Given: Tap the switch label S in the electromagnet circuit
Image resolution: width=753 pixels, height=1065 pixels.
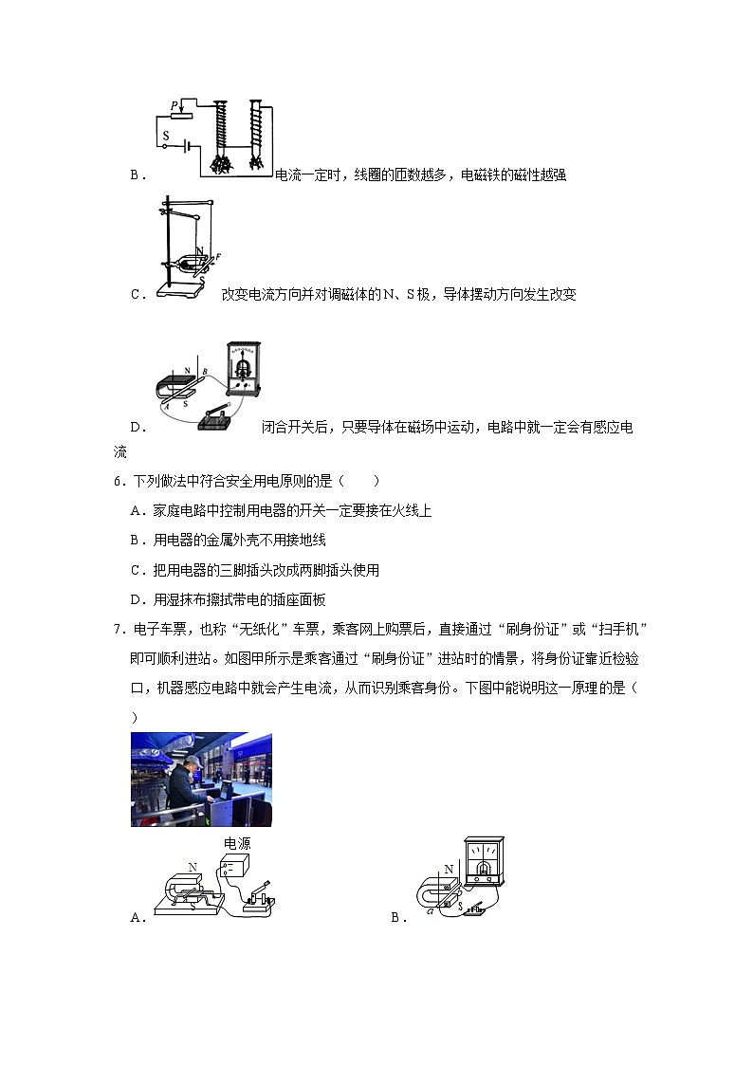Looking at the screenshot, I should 165,136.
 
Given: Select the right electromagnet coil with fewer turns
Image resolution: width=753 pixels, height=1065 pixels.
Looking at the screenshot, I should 255,127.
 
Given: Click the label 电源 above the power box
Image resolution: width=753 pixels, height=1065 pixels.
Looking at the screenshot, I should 237,843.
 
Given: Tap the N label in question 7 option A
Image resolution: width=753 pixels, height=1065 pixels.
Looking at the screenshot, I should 193,867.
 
